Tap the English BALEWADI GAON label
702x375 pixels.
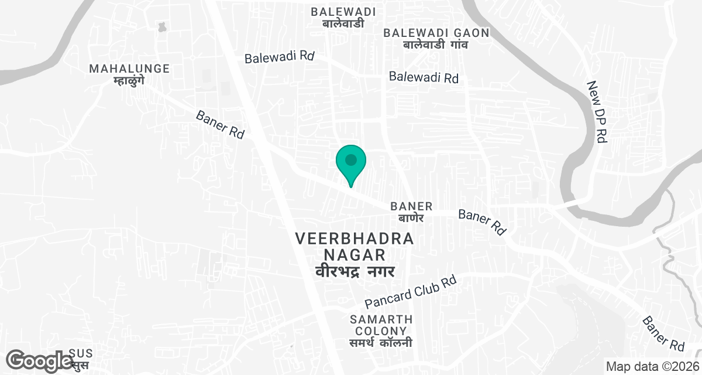coord(436,33)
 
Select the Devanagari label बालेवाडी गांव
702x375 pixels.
coord(436,45)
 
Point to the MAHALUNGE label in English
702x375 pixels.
coord(129,69)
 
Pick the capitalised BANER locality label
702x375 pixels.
coord(411,206)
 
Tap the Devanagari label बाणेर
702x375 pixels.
coord(411,217)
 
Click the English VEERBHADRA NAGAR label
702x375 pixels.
coord(355,247)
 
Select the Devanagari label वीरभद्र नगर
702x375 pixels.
coord(355,271)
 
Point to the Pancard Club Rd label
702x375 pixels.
coord(410,292)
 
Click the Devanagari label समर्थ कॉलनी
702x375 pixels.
coord(381,343)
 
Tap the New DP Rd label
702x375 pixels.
coord(597,111)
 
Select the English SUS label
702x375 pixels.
coord(81,353)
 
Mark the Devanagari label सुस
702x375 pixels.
coord(81,366)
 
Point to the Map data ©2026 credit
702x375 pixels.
coord(652,367)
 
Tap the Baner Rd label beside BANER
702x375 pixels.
coord(482,222)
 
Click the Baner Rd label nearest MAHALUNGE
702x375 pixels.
coord(220,124)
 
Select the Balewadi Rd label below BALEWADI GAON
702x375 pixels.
coord(424,77)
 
